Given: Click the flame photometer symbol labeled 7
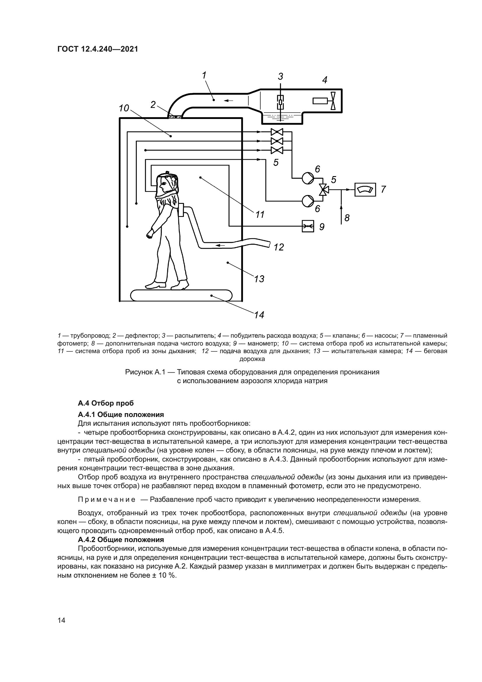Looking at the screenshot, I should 365,189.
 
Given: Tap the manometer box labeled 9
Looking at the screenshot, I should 308,226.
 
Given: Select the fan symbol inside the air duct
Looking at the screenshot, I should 333,101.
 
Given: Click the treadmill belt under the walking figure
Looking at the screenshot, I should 181,296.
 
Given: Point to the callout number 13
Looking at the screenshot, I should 259,279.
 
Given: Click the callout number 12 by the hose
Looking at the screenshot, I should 279,247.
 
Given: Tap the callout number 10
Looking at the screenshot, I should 124,108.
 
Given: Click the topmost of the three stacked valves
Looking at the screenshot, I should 277,132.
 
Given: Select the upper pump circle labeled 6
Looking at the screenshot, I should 308,178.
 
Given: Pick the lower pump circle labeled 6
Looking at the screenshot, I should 308,201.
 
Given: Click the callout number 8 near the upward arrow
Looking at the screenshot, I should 347,218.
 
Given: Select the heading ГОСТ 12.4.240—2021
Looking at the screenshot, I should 98,49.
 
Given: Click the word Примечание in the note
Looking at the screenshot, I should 106,499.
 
